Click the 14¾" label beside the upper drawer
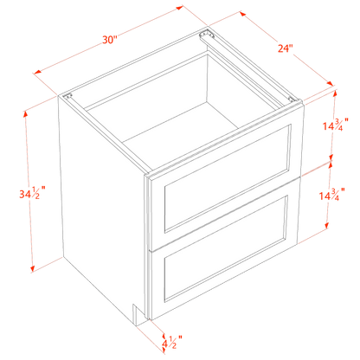331,126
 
